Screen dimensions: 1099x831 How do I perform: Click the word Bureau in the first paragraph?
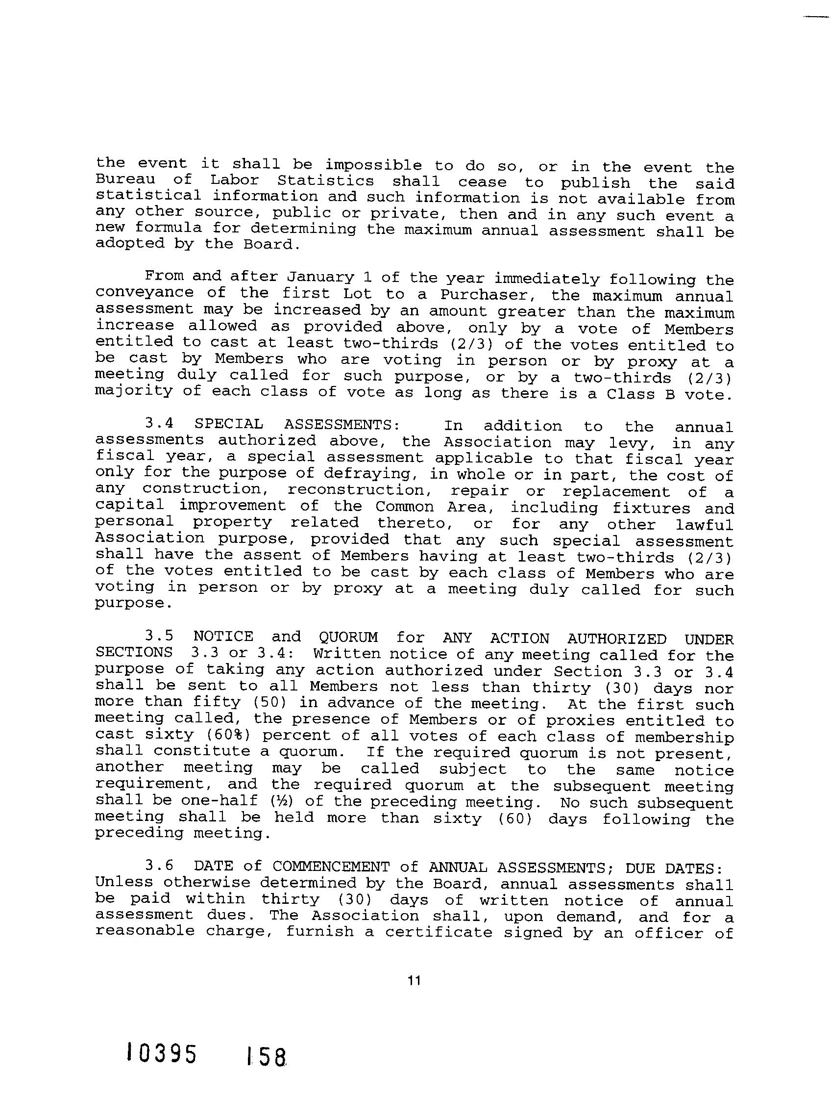coord(125,179)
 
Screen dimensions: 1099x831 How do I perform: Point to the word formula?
coord(169,228)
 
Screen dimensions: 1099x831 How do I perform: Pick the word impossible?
coord(373,165)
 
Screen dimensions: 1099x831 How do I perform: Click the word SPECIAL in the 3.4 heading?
coord(228,424)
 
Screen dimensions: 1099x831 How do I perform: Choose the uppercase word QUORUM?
coord(348,638)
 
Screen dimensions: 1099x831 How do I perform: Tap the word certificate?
coord(439,933)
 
